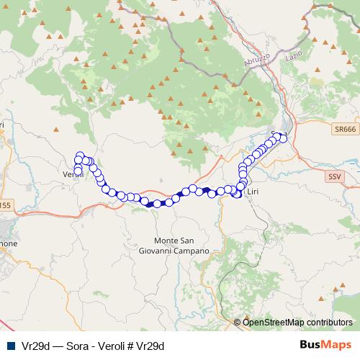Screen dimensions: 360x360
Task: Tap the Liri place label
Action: click(x=252, y=192)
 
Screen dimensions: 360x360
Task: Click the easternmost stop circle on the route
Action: click(x=283, y=138)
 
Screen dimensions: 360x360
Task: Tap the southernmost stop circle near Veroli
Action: click(x=78, y=171)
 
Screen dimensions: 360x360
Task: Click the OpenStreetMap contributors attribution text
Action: click(x=297, y=322)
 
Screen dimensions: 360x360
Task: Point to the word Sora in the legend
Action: click(x=76, y=345)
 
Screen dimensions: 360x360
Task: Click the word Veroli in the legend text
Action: click(x=109, y=345)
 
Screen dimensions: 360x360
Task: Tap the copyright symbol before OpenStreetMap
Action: click(x=238, y=322)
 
